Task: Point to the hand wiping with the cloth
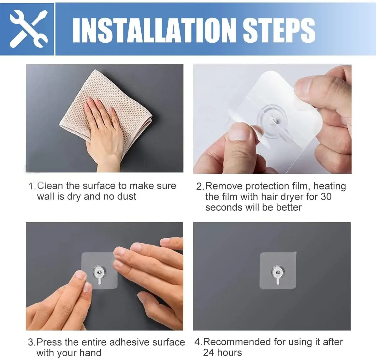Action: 105,132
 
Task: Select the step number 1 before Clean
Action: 32,186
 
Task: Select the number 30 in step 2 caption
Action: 326,197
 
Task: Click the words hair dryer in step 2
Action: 282,197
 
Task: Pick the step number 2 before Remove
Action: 200,186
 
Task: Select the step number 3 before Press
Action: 31,342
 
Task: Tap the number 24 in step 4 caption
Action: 209,352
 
